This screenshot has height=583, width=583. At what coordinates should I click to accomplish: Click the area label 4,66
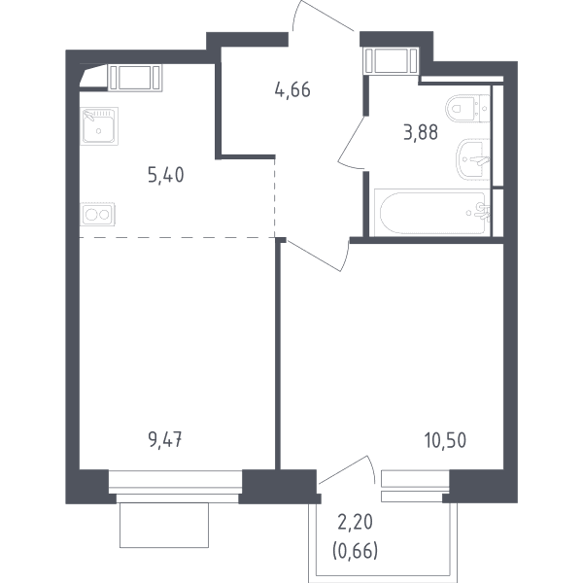(292, 90)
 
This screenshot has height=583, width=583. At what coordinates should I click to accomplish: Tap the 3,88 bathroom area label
(421, 132)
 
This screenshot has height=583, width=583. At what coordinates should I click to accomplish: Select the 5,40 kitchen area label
(166, 175)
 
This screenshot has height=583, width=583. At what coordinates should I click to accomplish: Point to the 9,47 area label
(165, 440)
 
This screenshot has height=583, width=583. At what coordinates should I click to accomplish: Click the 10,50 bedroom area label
(445, 440)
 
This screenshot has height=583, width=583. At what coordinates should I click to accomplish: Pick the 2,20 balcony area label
(355, 522)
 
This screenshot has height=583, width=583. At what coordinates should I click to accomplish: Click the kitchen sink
(99, 126)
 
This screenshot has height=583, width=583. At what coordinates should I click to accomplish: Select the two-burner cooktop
(97, 215)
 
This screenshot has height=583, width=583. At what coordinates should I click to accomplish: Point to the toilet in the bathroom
(468, 108)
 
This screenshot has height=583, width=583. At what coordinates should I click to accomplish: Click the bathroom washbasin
(472, 160)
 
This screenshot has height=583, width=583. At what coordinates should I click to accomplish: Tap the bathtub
(432, 213)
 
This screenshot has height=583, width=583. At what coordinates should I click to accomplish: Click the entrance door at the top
(323, 17)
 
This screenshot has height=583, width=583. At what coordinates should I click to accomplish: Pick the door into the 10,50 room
(317, 256)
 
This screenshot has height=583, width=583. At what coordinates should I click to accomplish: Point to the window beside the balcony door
(415, 487)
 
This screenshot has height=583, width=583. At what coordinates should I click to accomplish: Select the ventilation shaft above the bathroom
(392, 61)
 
